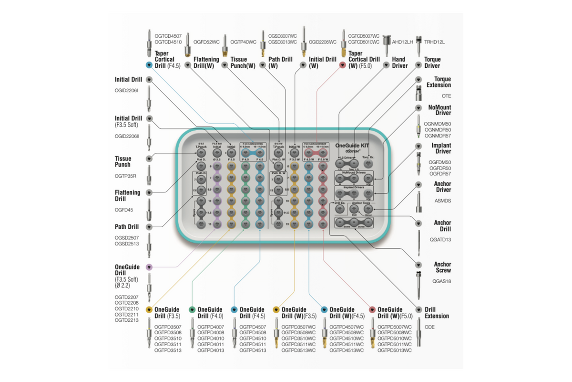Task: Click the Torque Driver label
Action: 432,63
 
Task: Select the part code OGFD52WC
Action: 206,42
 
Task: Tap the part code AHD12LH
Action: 403,42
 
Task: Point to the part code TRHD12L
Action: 436,42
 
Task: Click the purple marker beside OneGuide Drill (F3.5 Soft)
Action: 149,267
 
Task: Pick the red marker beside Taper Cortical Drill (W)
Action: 342,64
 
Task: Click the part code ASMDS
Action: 443,201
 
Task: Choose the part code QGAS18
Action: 441,281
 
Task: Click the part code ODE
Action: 429,327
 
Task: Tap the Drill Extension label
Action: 437,313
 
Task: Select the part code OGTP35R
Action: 125,176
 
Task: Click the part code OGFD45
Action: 123,209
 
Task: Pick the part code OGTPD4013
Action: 211,350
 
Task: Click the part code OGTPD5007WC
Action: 395,327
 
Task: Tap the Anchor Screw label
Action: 442,267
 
